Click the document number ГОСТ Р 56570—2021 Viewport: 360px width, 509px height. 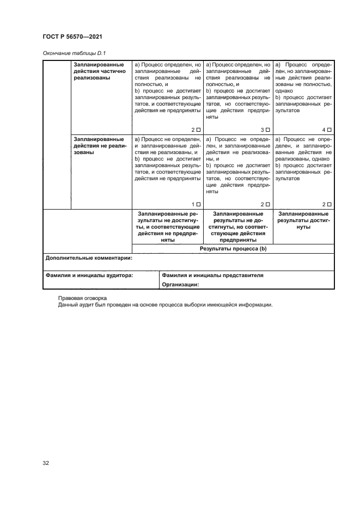click(x=73, y=36)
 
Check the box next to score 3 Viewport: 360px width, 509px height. click(x=267, y=130)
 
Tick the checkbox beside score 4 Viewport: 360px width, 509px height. click(x=330, y=130)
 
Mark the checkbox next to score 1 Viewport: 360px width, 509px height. click(x=198, y=204)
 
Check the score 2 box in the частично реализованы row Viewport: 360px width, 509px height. click(x=198, y=130)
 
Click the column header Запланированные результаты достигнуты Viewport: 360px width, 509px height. click(x=303, y=220)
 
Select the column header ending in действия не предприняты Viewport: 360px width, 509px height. click(x=168, y=226)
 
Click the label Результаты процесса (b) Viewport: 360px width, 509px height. click(x=233, y=248)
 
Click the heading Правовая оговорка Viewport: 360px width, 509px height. click(x=83, y=298)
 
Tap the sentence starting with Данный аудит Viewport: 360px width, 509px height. click(x=164, y=305)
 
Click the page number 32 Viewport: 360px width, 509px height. click(x=46, y=463)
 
